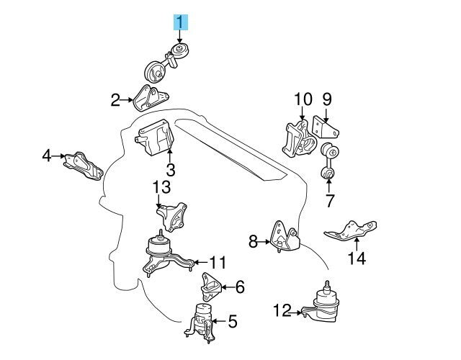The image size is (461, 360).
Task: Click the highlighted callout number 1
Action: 180,22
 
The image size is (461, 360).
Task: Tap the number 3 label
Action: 170,171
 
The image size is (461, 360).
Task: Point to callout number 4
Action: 47,155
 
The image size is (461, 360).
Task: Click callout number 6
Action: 240,287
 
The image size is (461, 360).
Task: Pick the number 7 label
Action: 329,201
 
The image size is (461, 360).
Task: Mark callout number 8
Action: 253,243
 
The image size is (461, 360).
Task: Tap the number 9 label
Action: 326,98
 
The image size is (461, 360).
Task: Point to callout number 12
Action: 282,311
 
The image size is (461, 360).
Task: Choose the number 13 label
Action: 161,188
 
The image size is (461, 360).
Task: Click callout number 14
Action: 357,258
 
